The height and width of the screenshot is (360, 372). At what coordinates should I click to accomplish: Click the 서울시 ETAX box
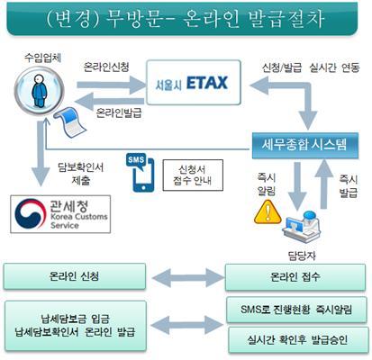pyautogui.click(x=194, y=83)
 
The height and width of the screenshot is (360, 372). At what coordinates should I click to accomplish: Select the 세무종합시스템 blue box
pyautogui.click(x=305, y=145)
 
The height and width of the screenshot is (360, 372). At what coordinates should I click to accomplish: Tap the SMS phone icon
pyautogui.click(x=140, y=173)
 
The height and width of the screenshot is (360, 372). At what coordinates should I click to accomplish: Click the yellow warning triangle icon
pyautogui.click(x=268, y=211)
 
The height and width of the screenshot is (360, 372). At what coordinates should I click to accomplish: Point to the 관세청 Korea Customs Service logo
pyautogui.click(x=60, y=214)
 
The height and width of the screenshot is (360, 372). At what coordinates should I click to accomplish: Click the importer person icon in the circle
pyautogui.click(x=40, y=91)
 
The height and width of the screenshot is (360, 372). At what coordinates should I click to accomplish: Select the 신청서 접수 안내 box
pyautogui.click(x=193, y=175)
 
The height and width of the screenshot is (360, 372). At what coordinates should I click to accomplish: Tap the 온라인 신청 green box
pyautogui.click(x=75, y=276)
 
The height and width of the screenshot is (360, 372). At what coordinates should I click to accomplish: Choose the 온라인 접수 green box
pyautogui.click(x=295, y=277)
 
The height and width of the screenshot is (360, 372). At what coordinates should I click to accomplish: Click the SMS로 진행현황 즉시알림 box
pyautogui.click(x=296, y=310)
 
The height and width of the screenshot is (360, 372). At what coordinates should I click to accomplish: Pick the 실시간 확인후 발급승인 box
pyautogui.click(x=298, y=339)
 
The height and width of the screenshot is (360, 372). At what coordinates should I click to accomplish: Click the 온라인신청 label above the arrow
pyautogui.click(x=106, y=67)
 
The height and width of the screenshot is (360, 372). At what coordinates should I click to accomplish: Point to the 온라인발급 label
pyautogui.click(x=119, y=113)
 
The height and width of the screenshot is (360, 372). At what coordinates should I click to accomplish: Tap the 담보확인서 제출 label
pyautogui.click(x=81, y=175)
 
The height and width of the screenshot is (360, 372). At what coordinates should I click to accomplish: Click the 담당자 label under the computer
pyautogui.click(x=302, y=256)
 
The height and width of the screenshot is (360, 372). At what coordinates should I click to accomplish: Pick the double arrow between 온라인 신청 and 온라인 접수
pyautogui.click(x=187, y=277)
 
